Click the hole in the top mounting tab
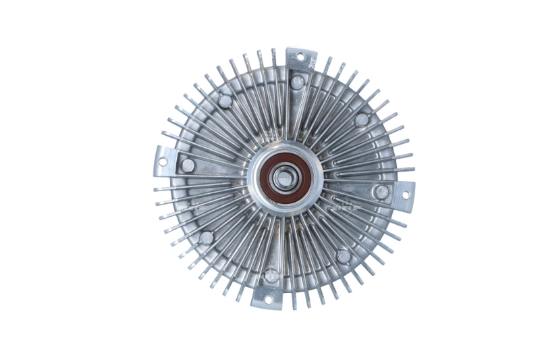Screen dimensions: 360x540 (x=300, y=57)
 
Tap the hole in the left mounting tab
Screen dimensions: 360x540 (x=163, y=162)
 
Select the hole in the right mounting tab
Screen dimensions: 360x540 (x=405, y=195)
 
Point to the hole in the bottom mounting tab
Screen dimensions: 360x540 (x=267, y=299)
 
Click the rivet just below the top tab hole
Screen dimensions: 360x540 (x=297, y=82)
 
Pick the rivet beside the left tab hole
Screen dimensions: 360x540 (x=188, y=165)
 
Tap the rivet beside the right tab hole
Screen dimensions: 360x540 (x=381, y=192)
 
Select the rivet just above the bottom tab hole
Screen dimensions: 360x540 (x=271, y=276)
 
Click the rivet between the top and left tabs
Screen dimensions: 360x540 (x=224, y=101)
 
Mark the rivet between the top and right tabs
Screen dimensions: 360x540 (x=362, y=120)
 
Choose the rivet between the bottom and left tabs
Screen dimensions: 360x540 (x=207, y=237)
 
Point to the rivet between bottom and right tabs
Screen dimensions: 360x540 (x=344, y=256)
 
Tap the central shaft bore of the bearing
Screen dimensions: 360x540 (x=283, y=179)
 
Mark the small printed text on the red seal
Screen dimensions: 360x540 (x=273, y=199)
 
